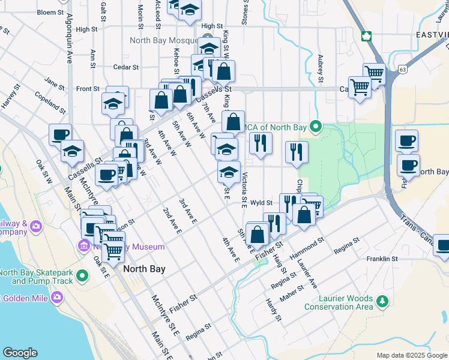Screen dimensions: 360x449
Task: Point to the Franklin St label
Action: tap(382, 259)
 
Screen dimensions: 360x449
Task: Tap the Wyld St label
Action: tap(262, 203)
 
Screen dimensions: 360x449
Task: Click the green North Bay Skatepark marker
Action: tap(82, 276)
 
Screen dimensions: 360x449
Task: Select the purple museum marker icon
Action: tap(82, 247)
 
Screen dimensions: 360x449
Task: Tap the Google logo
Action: tap(20, 352)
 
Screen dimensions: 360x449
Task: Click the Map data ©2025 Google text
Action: tap(411, 355)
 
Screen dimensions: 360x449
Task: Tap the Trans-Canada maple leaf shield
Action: tap(365, 35)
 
